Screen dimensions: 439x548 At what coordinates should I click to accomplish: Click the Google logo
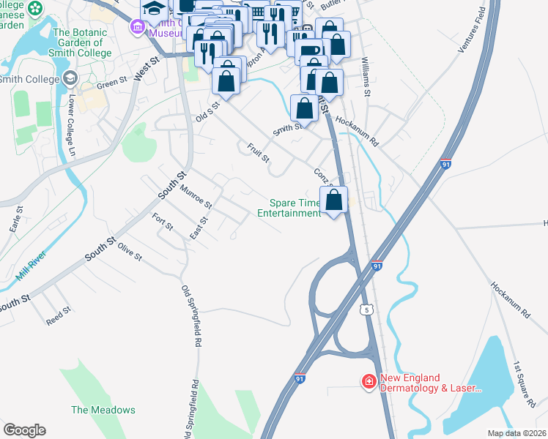click(24, 430)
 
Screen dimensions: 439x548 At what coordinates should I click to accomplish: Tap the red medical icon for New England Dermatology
click(369, 382)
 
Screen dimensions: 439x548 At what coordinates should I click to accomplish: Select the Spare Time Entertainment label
click(289, 208)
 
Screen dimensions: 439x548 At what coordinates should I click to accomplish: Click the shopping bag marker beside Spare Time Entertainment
click(333, 200)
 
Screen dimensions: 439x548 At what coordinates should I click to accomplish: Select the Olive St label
click(129, 253)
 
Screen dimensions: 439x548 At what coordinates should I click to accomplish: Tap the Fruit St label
click(259, 152)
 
